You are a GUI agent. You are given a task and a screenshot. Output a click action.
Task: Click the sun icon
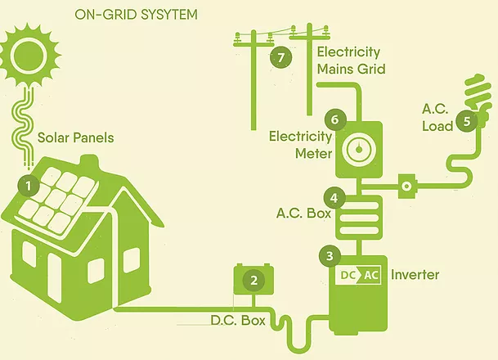(x=31, y=51)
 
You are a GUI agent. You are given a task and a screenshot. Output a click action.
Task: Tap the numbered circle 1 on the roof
(x=29, y=186)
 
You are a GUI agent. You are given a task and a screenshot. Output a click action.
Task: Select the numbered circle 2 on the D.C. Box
(x=254, y=281)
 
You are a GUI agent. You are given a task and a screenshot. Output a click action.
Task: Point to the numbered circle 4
(x=333, y=197)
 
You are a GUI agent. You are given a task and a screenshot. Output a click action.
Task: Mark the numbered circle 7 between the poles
(x=281, y=57)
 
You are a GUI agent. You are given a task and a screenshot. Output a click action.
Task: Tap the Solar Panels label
(x=76, y=137)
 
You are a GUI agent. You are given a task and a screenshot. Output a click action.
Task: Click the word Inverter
(x=415, y=274)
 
